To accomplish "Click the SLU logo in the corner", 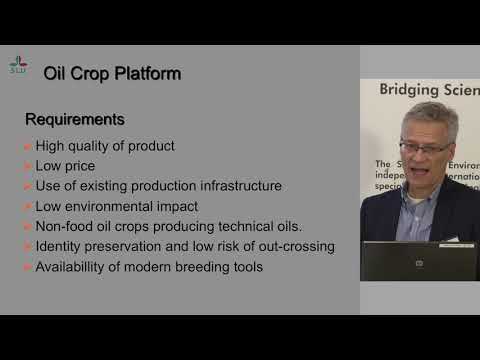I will (18, 64).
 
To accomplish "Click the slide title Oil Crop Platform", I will (112, 73).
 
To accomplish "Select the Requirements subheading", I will (74, 119).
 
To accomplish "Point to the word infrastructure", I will (236, 186).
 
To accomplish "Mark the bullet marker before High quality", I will (28, 147).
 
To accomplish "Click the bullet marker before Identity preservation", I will (28, 247).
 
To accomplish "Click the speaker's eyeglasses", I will (429, 148).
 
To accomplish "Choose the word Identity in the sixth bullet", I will (61, 246).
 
